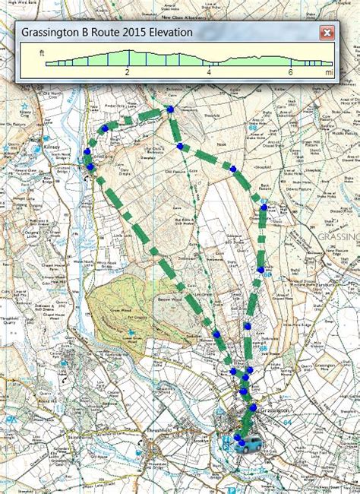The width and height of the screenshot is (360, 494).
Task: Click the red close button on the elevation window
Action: pyautogui.click(x=327, y=33)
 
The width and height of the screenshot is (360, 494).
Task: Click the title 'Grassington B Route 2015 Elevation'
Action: pyautogui.click(x=107, y=33)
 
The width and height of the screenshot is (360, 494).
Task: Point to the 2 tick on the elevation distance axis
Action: pyautogui.click(x=127, y=72)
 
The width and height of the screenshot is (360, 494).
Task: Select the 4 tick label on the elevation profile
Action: pyautogui.click(x=209, y=72)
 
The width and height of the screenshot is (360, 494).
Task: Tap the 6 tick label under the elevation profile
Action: pyautogui.click(x=291, y=72)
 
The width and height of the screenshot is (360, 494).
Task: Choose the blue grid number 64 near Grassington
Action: pyautogui.click(x=286, y=292)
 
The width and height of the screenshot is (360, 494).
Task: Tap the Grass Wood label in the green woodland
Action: pyautogui.click(x=118, y=311)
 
